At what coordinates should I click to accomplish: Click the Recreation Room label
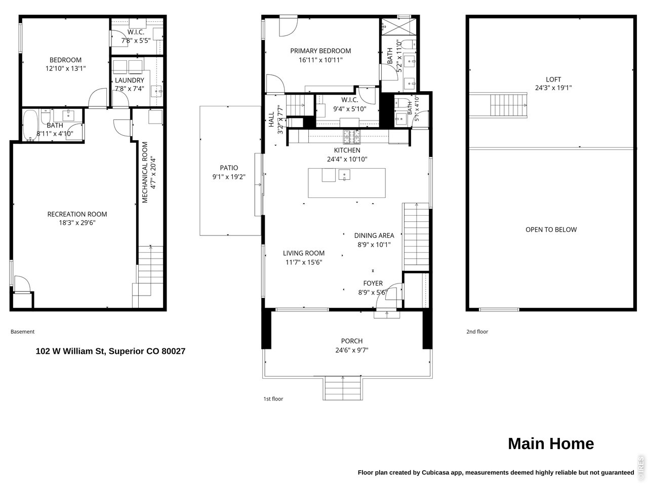(77, 214)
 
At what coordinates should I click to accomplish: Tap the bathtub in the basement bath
(30, 126)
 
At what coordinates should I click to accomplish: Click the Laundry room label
(129, 80)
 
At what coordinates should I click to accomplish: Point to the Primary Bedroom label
(320, 51)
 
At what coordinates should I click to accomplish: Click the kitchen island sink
(344, 175)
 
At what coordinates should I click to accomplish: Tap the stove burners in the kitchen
(352, 137)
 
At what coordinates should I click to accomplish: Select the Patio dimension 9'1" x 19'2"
(229, 177)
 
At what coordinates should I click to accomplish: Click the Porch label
(352, 341)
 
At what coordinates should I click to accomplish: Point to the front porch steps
(343, 388)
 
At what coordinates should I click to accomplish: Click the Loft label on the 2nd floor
(553, 79)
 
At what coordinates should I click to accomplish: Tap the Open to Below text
(551, 229)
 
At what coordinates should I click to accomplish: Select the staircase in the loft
(508, 105)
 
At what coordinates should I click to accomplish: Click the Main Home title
(551, 443)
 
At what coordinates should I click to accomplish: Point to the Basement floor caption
(22, 332)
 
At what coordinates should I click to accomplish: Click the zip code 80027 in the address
(173, 351)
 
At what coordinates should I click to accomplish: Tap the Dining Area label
(374, 235)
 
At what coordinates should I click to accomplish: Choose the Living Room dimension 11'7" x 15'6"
(304, 262)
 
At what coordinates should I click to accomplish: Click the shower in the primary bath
(399, 27)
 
